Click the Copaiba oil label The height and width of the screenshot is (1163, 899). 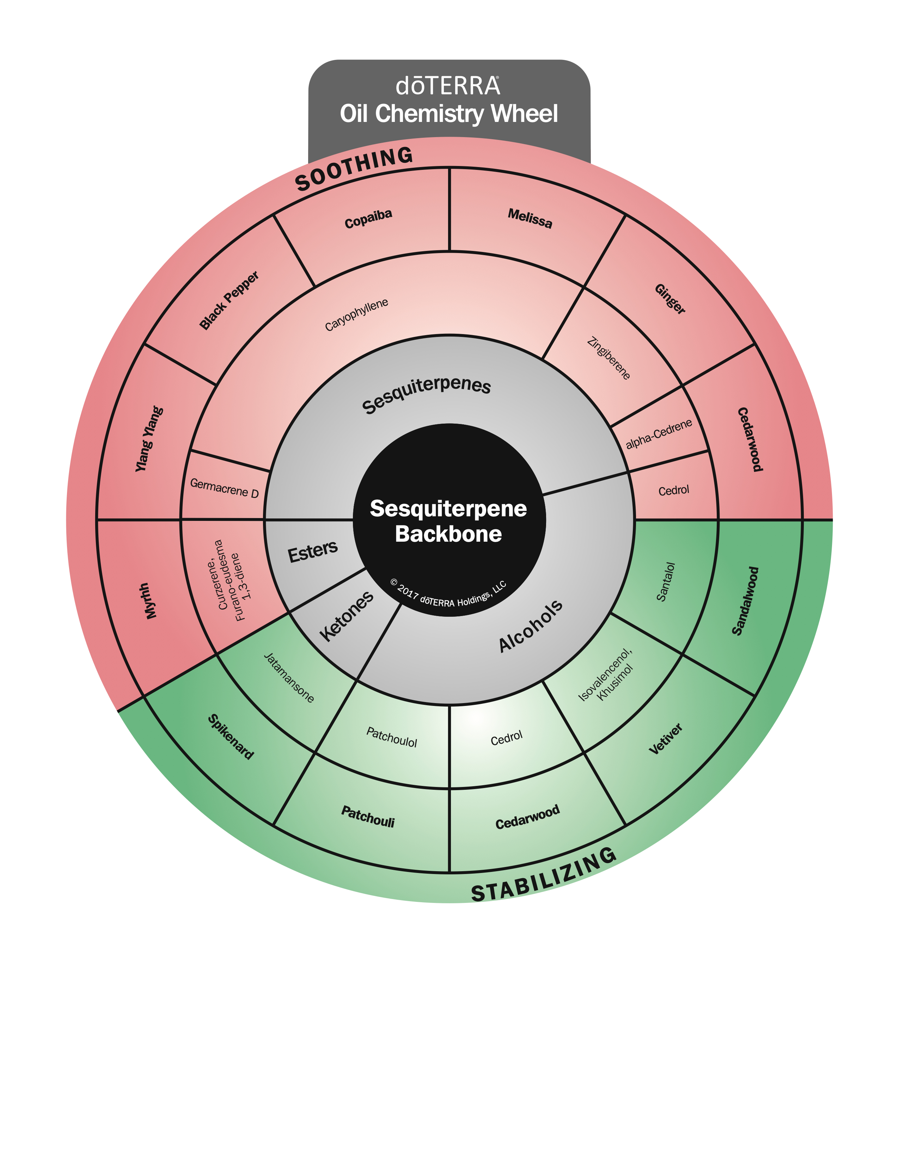click(368, 219)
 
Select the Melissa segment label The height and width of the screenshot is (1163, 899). click(530, 218)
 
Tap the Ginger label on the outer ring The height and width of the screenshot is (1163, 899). click(670, 299)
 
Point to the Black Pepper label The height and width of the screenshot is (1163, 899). click(229, 300)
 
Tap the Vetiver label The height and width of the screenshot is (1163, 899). click(666, 739)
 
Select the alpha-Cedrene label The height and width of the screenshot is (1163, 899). click(659, 434)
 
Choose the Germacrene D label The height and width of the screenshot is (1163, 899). click(224, 488)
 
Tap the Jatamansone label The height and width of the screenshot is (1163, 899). click(289, 677)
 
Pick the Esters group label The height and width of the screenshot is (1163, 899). click(313, 551)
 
